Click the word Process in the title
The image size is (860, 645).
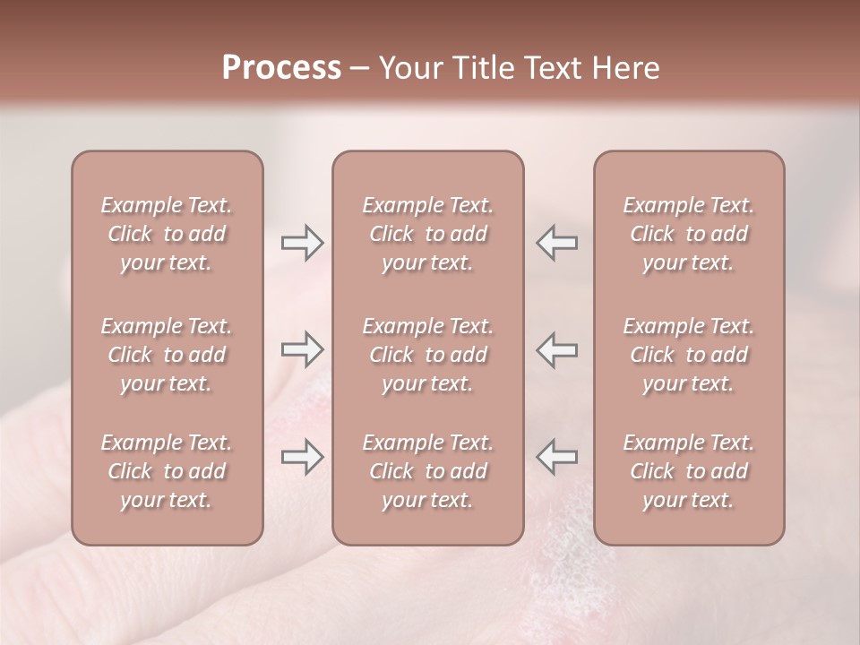pyautogui.click(x=281, y=68)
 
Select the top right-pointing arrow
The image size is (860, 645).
pyautogui.click(x=302, y=242)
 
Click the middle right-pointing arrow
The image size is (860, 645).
pyautogui.click(x=302, y=349)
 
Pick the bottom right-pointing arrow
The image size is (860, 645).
pyautogui.click(x=302, y=457)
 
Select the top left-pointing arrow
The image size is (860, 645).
pyautogui.click(x=557, y=242)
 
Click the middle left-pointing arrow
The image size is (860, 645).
pyautogui.click(x=557, y=349)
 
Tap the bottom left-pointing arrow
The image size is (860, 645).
pyautogui.click(x=557, y=457)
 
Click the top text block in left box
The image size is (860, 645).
pyautogui.click(x=167, y=234)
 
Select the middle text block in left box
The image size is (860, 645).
pyautogui.click(x=167, y=355)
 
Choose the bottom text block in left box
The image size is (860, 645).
pyautogui.click(x=167, y=471)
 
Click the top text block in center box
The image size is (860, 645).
pyautogui.click(x=427, y=234)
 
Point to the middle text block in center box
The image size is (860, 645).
pyautogui.click(x=427, y=355)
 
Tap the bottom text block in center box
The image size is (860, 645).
pyautogui.click(x=427, y=471)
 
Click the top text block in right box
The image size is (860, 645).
pyautogui.click(x=688, y=234)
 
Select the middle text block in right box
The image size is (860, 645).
pyautogui.click(x=688, y=355)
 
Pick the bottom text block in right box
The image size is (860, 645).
pyautogui.click(x=688, y=471)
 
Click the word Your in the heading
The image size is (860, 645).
pyautogui.click(x=409, y=68)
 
